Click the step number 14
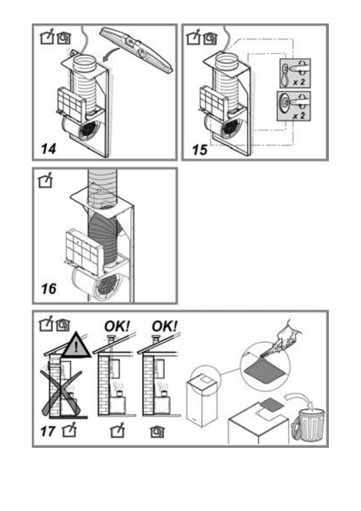coord(48,149)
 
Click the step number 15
coord(200,150)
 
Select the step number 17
coord(48,432)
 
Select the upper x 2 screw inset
coord(295,73)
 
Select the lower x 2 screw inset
coord(294,106)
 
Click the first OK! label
coord(117,326)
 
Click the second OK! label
coord(165,326)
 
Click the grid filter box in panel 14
coord(71,102)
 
